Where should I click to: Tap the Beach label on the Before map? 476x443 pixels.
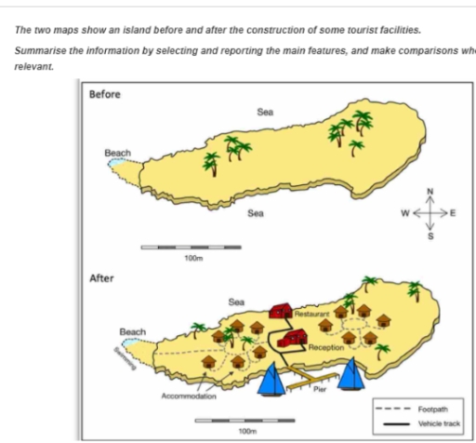pos(118,153)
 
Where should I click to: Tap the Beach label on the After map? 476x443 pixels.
pos(133,331)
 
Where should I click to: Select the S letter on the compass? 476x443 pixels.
pos(430,236)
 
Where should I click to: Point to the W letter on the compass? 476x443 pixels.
pos(405,213)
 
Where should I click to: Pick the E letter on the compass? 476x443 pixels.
pos(454,213)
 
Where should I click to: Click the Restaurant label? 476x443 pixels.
pos(312,315)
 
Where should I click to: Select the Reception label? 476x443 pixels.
pos(326,346)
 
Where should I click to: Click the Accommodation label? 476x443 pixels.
pos(189,396)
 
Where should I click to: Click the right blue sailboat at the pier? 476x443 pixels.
pos(352,373)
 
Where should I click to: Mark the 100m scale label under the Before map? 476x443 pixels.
pos(193,258)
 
